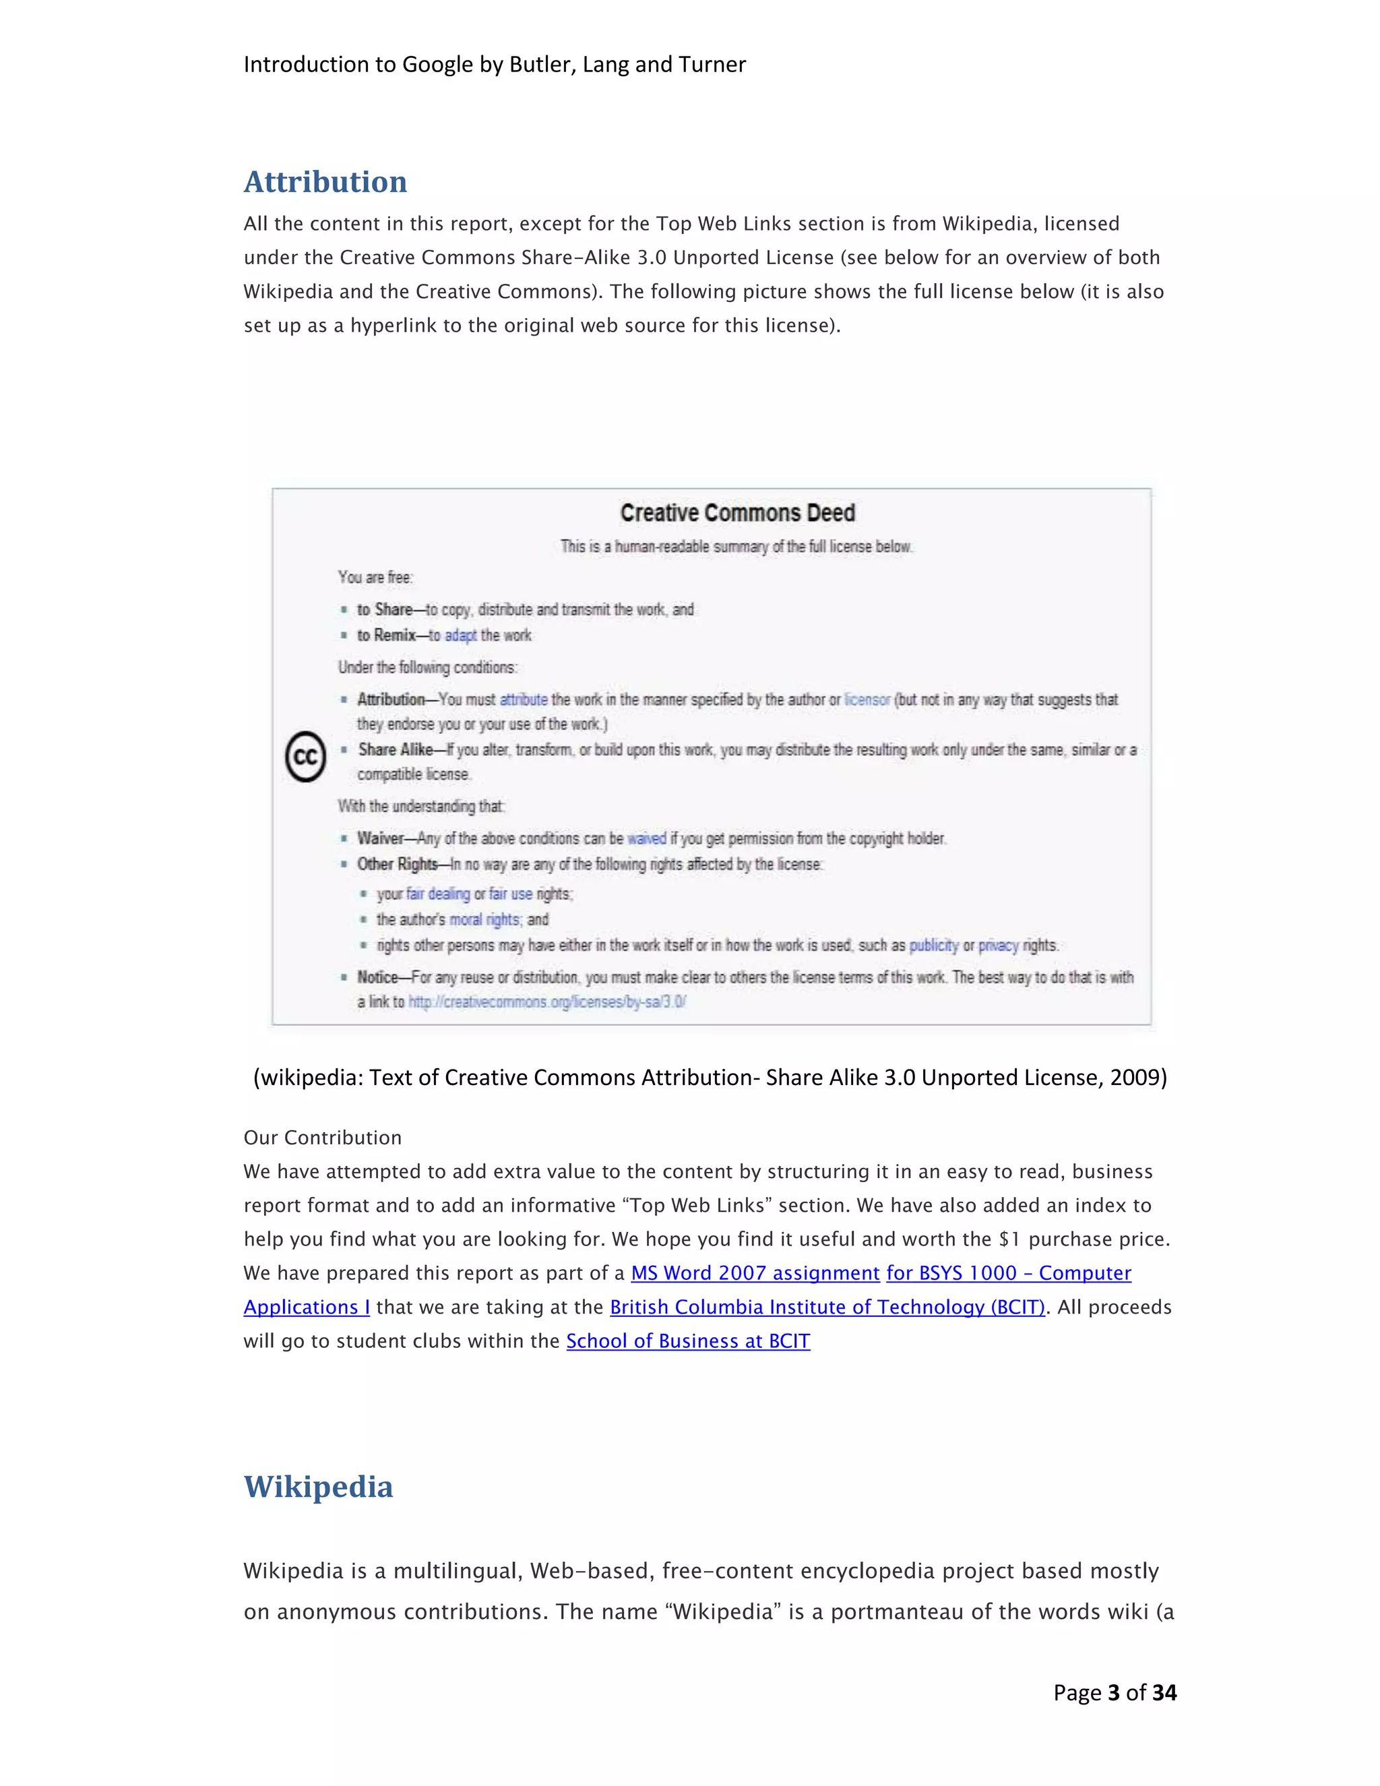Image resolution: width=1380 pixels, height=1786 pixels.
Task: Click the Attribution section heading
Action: [325, 181]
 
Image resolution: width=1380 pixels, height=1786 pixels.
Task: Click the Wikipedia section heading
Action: [318, 1486]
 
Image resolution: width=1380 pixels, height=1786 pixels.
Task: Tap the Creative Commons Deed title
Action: [737, 513]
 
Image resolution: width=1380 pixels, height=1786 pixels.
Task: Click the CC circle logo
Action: [306, 756]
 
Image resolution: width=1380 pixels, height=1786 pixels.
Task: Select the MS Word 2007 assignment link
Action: [755, 1273]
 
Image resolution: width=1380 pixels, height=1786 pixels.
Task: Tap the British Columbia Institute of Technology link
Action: [827, 1307]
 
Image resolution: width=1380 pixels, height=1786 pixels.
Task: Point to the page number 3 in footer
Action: [1112, 1693]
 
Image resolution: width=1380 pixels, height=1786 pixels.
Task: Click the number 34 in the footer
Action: [1164, 1693]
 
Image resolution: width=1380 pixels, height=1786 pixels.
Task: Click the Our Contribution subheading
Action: [322, 1138]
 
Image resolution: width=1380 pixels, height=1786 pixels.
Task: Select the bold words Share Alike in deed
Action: [396, 750]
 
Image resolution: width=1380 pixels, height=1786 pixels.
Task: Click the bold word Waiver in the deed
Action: [380, 839]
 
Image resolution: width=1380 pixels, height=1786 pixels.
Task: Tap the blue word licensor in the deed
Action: [867, 700]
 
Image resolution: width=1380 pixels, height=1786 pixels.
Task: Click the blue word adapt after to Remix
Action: [460, 636]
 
